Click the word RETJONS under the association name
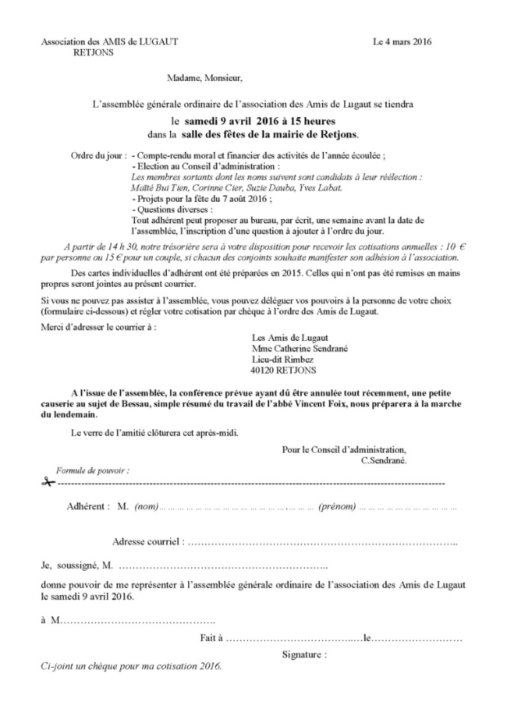(94, 51)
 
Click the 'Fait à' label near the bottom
(211, 637)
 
